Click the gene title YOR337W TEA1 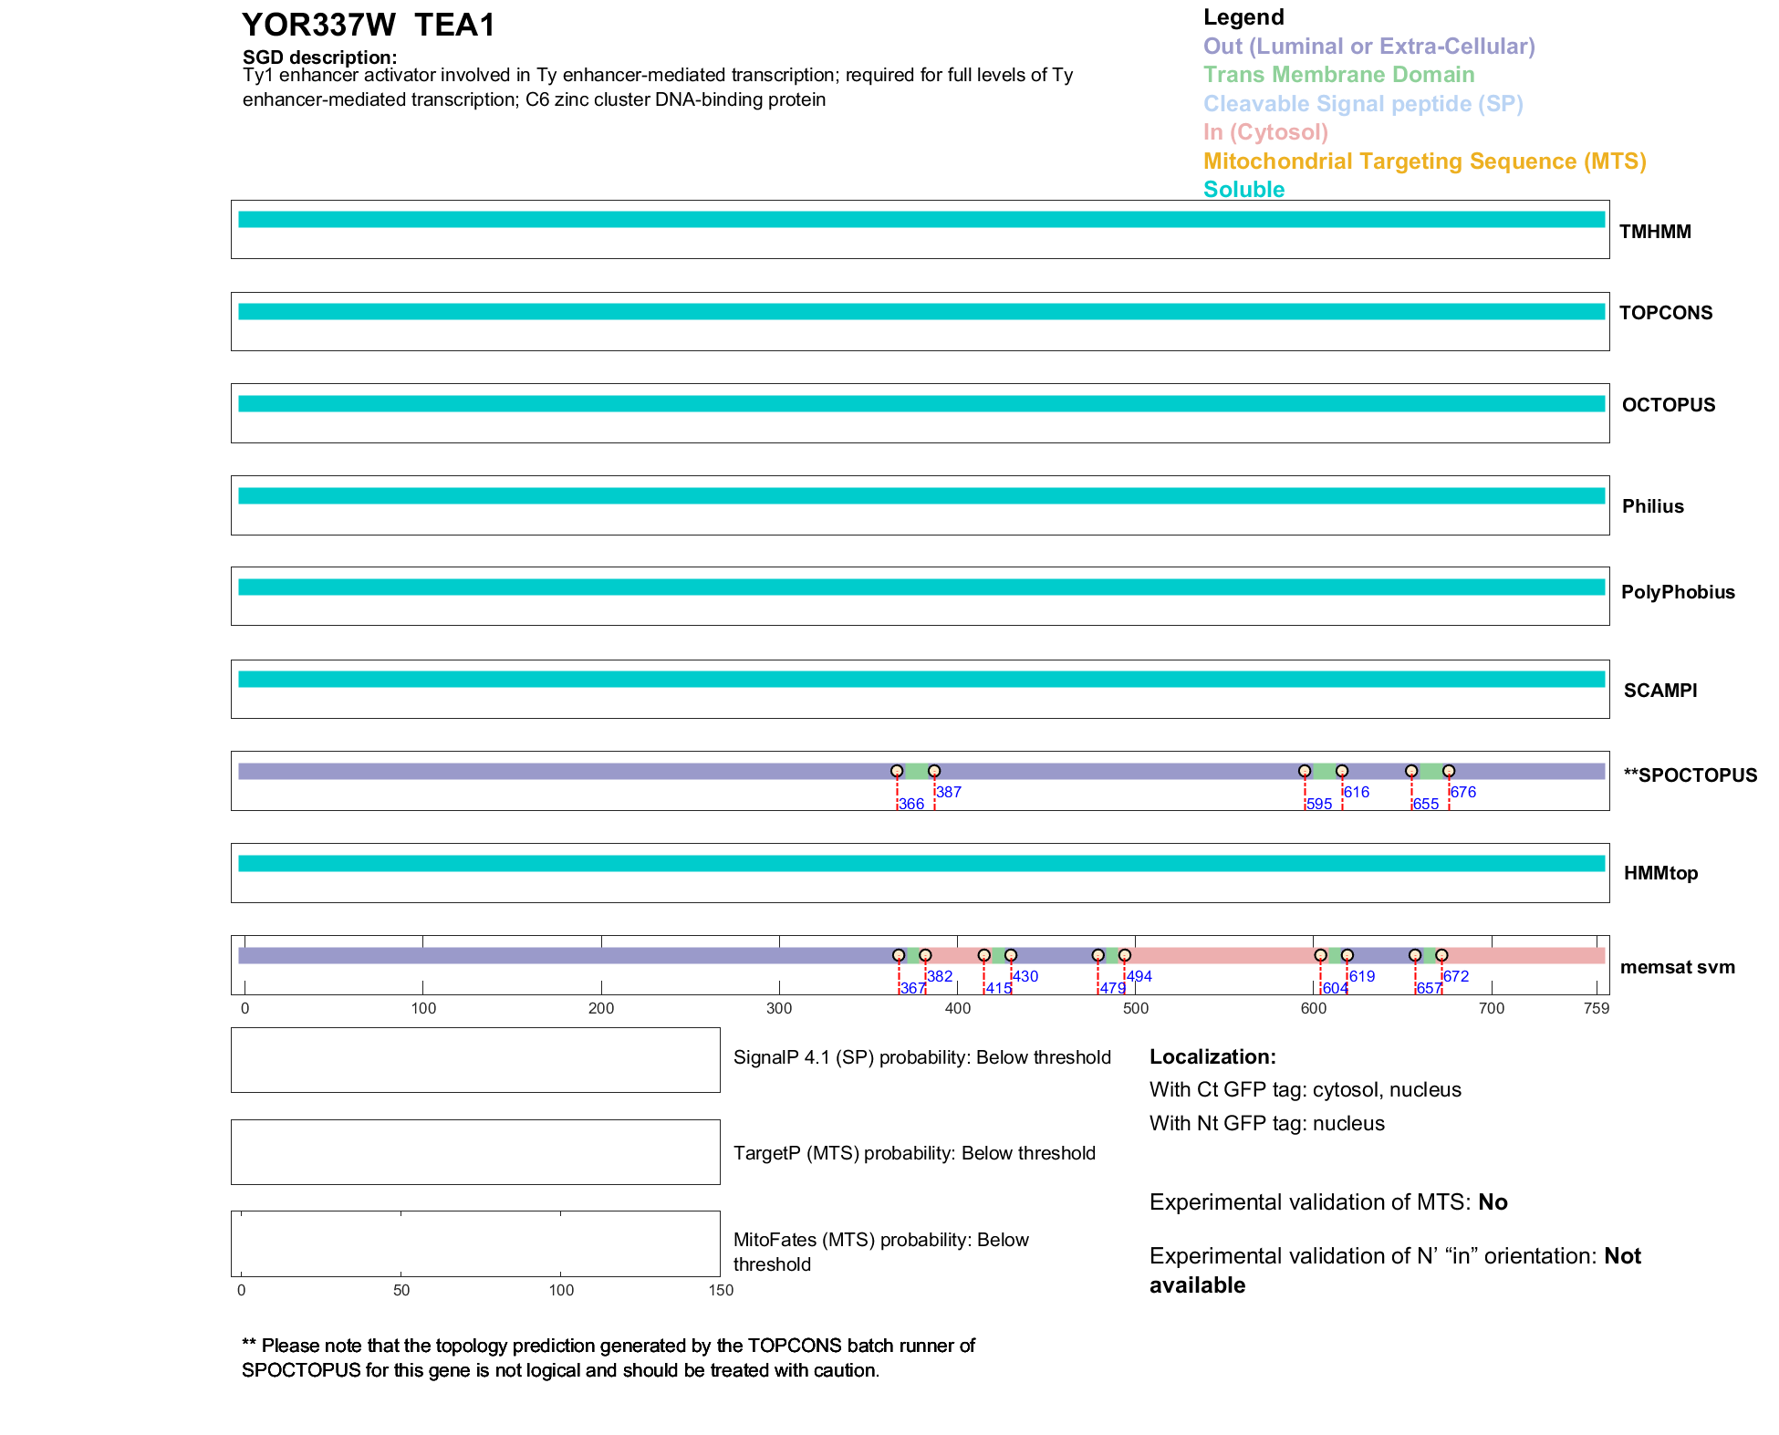[368, 26]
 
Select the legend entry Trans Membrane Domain [1338, 75]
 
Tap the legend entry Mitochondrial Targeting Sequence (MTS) [1424, 161]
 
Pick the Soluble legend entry [1243, 190]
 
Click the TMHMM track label [1654, 232]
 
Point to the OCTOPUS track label [1668, 405]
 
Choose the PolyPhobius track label [1677, 592]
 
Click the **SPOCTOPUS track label [1690, 775]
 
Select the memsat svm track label [1677, 967]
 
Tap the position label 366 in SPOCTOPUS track [911, 805]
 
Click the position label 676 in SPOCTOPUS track [1462, 792]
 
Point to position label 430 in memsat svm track [1025, 976]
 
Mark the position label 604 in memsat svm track [1335, 989]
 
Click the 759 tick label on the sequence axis [1597, 1008]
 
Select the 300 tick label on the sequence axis [779, 1008]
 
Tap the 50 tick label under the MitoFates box [401, 1290]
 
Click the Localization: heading [1212, 1057]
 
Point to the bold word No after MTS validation [1493, 1202]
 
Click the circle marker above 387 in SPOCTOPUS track [934, 771]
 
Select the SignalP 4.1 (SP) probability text [921, 1057]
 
